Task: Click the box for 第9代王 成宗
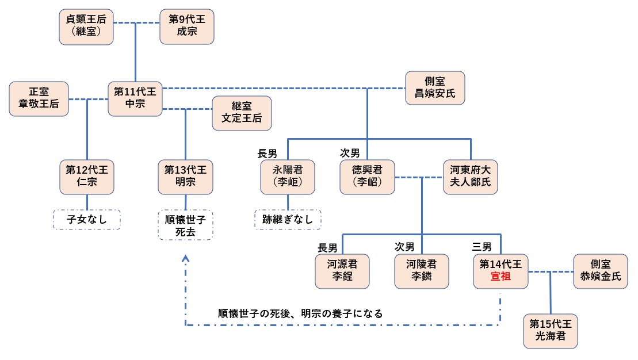click(186, 26)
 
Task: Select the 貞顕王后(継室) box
click(87, 26)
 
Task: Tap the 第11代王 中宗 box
click(136, 99)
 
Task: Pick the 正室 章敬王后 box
click(39, 99)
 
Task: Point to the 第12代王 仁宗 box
click(87, 177)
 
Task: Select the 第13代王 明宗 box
click(186, 177)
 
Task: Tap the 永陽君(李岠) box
click(287, 177)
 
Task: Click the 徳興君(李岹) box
click(368, 177)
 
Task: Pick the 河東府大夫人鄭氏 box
click(471, 177)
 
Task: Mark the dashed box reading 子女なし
click(87, 219)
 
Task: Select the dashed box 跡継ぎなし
click(288, 219)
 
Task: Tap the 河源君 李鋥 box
click(342, 271)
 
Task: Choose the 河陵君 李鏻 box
click(422, 271)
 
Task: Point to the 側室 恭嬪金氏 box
click(601, 271)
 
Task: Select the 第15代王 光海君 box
click(551, 331)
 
